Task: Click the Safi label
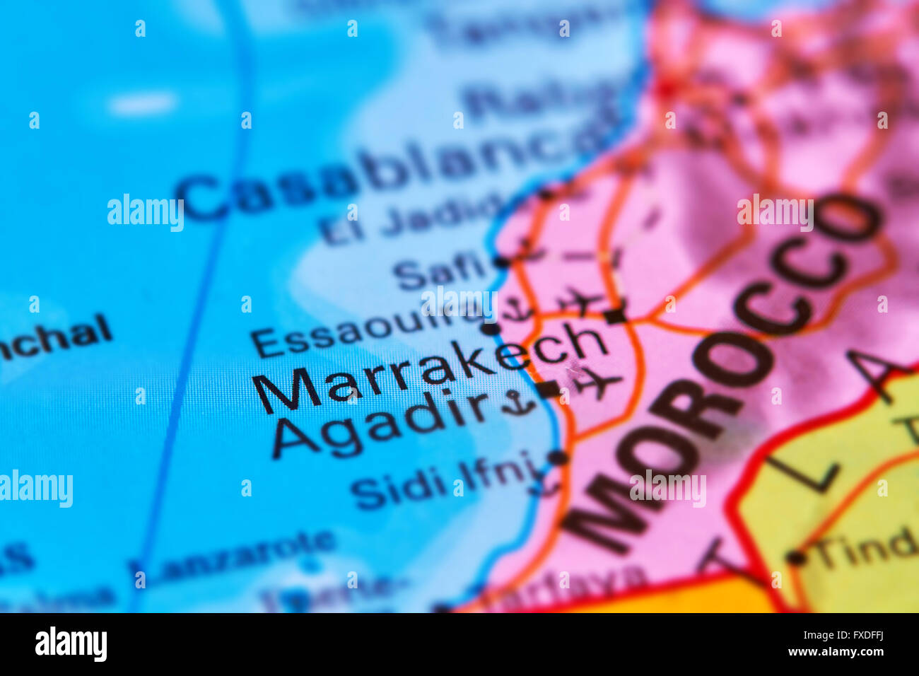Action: coord(438,272)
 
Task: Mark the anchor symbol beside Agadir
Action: coord(520,403)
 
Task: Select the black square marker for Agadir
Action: coord(549,389)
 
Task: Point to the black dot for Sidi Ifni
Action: coord(558,458)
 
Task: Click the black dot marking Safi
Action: coord(501,262)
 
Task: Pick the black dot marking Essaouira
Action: coord(489,328)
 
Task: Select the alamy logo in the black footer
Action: coord(71,644)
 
